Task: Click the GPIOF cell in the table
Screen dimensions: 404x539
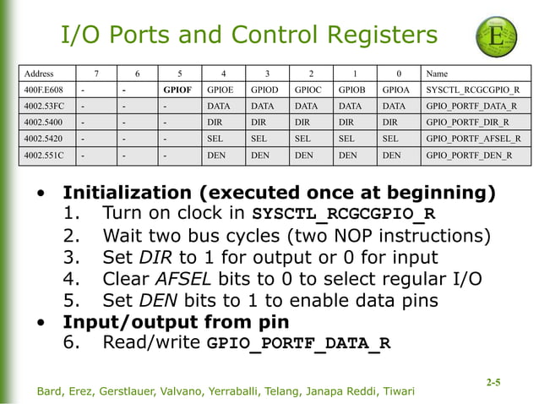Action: point(179,89)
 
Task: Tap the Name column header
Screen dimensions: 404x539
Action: point(438,73)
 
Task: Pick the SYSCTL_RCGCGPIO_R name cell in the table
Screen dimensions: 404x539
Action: point(473,89)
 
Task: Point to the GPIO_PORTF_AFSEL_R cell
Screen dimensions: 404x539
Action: point(473,138)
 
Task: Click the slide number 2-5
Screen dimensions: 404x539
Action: point(493,382)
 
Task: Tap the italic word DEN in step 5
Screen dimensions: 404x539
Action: point(156,300)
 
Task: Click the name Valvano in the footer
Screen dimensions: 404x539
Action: point(193,390)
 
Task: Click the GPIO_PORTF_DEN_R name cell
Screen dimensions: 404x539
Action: point(469,155)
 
